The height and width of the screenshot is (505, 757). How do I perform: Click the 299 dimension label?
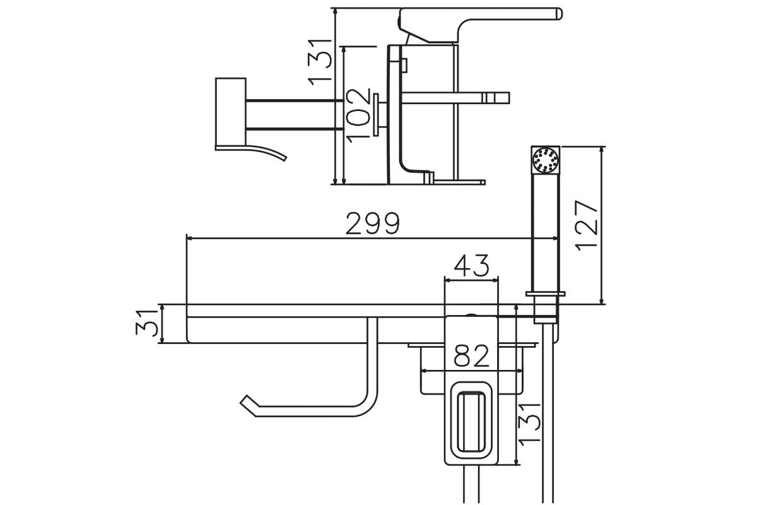pos(373,223)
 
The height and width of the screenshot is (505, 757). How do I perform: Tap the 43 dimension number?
pos(471,265)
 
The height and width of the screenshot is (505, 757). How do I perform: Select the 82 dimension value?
pos(471,356)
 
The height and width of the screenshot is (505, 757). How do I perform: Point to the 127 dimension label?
pos(586,225)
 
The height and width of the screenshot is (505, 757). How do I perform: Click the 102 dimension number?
pos(358,116)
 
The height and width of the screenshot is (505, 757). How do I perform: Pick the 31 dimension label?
pos(146,323)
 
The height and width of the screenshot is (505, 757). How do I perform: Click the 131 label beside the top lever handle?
pos(319,62)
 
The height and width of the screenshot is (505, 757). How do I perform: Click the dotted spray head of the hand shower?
pos(545,160)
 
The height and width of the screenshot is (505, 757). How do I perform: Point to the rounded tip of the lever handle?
pos(559,14)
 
